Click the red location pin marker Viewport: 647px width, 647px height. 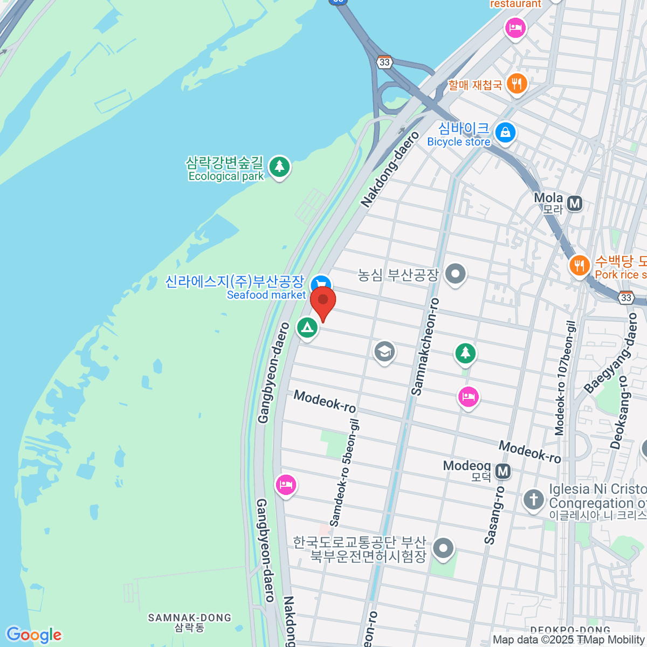pos(323,302)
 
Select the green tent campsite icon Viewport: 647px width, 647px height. pos(307,328)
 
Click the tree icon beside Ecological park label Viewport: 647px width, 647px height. pos(279,167)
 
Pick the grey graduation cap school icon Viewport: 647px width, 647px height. pos(384,352)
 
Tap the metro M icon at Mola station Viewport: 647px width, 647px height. pos(575,203)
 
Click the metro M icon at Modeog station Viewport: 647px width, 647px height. pos(503,471)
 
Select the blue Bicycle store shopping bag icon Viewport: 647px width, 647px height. pos(505,132)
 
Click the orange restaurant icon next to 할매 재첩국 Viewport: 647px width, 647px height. pos(517,84)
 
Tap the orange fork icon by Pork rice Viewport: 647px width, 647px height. pos(579,265)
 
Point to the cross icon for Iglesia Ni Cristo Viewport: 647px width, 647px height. pos(534,499)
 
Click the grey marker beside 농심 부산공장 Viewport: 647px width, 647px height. pos(456,274)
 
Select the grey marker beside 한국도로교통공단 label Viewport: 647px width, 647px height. pos(443,548)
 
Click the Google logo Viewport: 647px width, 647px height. pos(34,635)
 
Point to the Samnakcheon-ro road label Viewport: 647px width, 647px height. pos(425,347)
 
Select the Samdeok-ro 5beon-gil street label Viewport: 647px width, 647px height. pos(344,473)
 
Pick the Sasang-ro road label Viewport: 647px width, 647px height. pos(494,515)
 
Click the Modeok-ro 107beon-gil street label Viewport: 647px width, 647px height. pos(566,377)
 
